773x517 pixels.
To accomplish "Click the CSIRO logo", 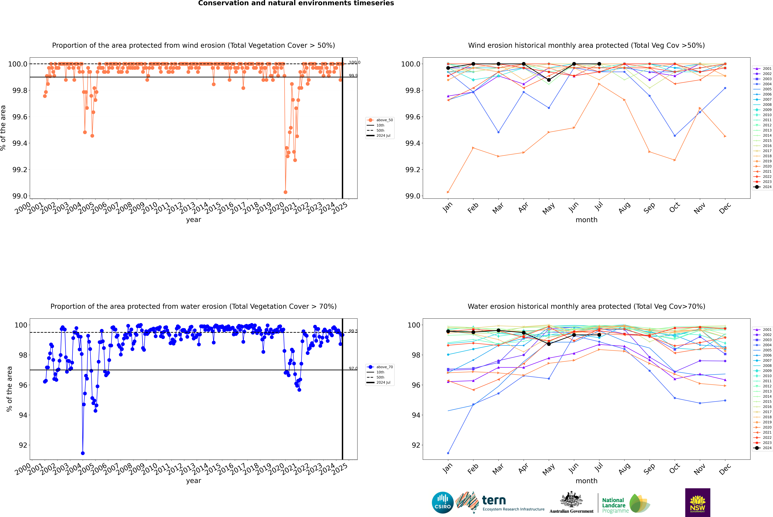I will tap(443, 503).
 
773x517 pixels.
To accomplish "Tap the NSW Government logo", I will tap(698, 503).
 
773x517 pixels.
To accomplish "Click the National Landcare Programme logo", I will tap(625, 503).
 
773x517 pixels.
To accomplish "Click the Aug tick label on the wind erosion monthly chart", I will tap(624, 208).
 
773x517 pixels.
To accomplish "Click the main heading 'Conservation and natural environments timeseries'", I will tap(296, 3).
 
